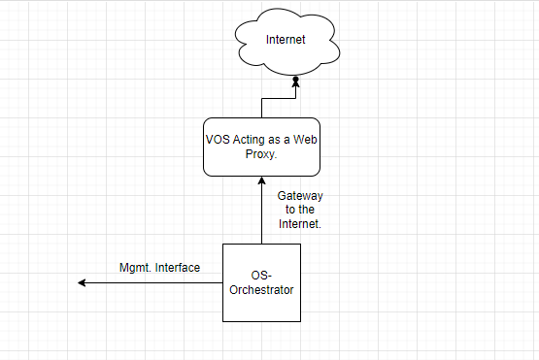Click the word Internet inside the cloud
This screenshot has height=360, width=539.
click(x=286, y=40)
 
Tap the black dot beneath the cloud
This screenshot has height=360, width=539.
click(x=295, y=80)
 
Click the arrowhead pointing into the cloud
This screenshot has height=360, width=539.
click(x=295, y=84)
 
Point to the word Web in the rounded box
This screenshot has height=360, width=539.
click(x=305, y=140)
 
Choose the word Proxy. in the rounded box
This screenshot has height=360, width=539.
click(x=261, y=154)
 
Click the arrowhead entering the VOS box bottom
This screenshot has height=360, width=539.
click(x=261, y=180)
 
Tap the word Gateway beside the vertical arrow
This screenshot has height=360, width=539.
click(x=300, y=196)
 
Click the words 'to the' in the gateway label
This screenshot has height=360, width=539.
click(x=300, y=210)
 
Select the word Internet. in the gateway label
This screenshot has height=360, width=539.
click(x=300, y=224)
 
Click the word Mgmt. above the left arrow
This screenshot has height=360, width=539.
click(x=135, y=268)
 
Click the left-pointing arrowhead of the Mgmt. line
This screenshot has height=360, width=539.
click(x=82, y=282)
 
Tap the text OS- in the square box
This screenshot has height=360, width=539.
click(x=261, y=276)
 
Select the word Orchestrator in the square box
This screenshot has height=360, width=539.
click(x=261, y=290)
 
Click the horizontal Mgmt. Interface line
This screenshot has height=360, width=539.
click(x=151, y=282)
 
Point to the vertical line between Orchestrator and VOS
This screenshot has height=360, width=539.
click(x=261, y=211)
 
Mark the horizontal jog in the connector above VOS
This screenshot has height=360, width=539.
click(x=279, y=99)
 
